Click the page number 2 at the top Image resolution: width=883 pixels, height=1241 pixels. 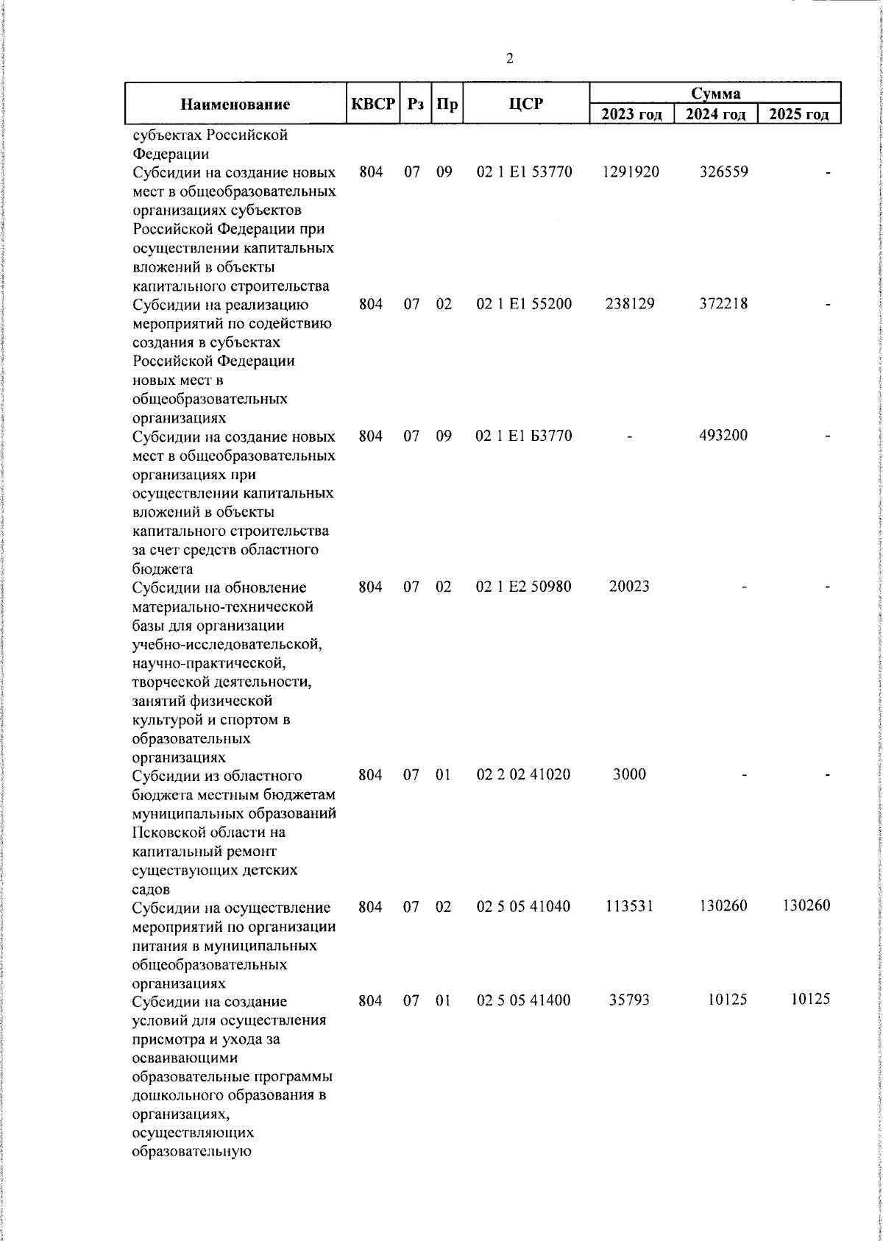(510, 59)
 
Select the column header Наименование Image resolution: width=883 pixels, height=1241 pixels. (235, 104)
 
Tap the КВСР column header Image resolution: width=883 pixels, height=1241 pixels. (373, 104)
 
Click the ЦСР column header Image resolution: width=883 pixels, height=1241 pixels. (526, 104)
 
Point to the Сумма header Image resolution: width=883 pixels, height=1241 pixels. (715, 93)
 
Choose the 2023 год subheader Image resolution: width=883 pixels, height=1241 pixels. (631, 114)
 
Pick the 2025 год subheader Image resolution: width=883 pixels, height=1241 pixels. (799, 114)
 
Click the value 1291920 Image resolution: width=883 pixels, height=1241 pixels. (630, 172)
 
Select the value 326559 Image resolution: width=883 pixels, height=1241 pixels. (723, 172)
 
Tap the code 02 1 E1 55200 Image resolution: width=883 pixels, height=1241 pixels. (524, 304)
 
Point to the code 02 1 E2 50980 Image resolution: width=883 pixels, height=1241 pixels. (524, 587)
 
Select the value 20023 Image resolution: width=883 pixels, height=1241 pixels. (629, 587)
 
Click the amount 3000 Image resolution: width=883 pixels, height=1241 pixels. (629, 775)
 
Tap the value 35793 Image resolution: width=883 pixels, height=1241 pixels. (629, 1000)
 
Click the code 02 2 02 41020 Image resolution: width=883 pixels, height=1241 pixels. (524, 775)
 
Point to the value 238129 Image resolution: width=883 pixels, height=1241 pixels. (630, 304)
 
